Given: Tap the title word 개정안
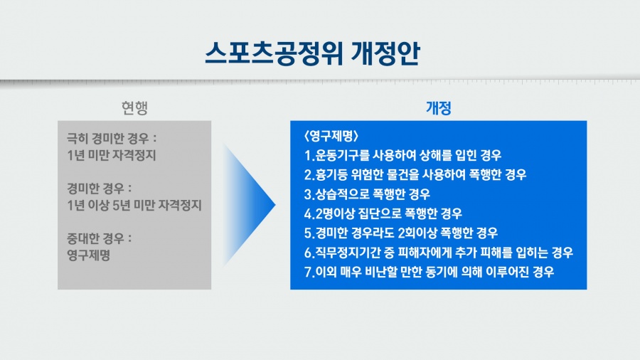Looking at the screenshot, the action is click(x=385, y=53).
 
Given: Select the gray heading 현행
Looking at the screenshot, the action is click(x=134, y=107).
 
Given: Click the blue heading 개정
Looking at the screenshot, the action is click(x=438, y=107).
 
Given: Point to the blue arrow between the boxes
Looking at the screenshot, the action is click(x=250, y=205).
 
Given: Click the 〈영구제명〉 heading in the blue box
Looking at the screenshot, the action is click(x=331, y=136).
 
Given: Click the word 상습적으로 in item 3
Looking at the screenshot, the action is click(x=342, y=194).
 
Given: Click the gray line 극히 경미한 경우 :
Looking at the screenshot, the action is click(x=112, y=138).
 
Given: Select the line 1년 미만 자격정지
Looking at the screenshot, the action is click(x=112, y=156).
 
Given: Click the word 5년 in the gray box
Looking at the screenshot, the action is click(x=121, y=206).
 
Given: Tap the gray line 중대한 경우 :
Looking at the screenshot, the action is click(x=99, y=238).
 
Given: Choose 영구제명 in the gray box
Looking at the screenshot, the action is click(x=89, y=255).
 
